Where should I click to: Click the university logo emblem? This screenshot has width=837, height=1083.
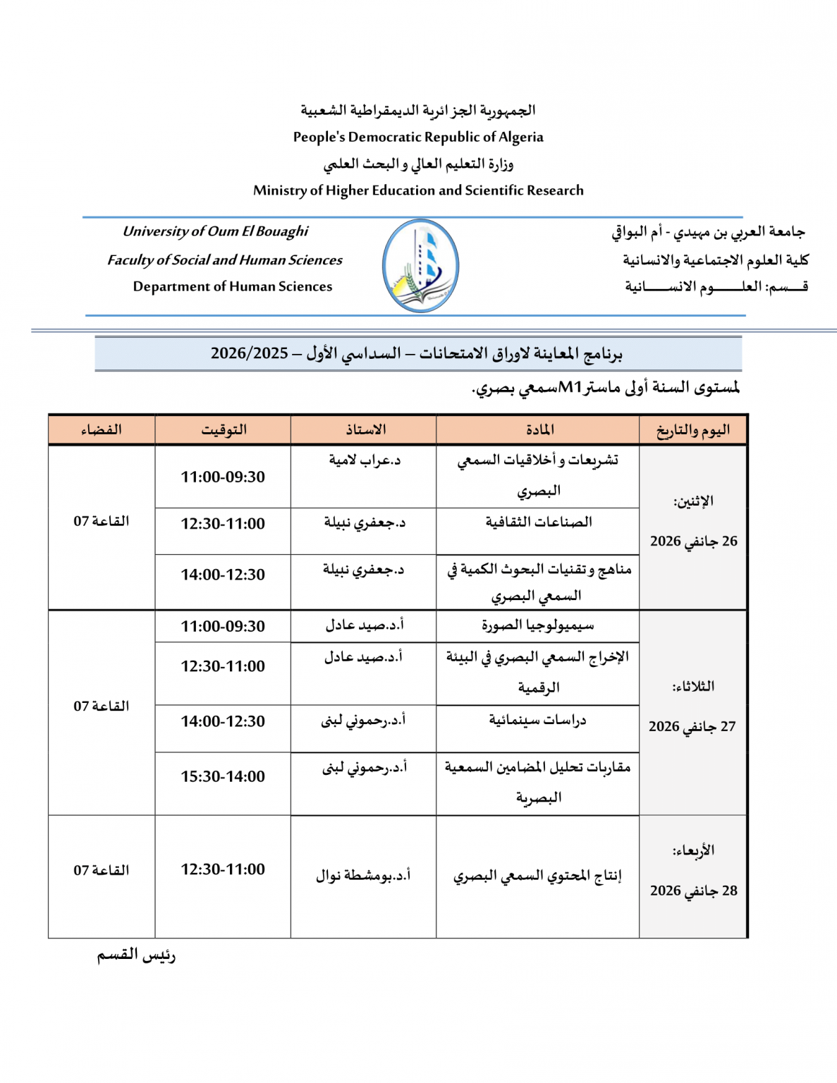coord(420,266)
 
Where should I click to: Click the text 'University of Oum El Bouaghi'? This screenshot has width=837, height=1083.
coord(216,231)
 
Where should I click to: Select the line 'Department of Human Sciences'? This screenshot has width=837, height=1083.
coord(233,286)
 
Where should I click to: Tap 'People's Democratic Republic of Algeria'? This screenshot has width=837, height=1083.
coord(418,137)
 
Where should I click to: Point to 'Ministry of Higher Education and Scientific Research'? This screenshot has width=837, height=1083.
coord(418,190)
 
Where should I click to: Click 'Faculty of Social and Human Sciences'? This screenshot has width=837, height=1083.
coord(225,260)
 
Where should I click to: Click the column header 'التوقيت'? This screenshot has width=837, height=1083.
coord(224,430)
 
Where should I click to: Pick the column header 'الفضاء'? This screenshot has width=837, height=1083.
coord(102,430)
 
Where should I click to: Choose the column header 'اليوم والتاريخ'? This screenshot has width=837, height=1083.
coord(693,430)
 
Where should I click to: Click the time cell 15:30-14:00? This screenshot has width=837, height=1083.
coord(223,776)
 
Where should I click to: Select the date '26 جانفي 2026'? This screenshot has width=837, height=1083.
coord(694,541)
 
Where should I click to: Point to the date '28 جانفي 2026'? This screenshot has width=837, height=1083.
coord(694,891)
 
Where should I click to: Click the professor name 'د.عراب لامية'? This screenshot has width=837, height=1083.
coord(365,460)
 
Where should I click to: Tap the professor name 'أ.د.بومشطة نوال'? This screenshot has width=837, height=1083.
coord(363,876)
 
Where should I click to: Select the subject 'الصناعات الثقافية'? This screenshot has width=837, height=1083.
coord(539,522)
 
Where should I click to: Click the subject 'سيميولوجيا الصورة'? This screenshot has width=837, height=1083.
coord(538,625)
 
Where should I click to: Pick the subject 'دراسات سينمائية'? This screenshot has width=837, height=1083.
coord(538,721)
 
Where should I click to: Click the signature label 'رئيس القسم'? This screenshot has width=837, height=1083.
coord(136,955)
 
